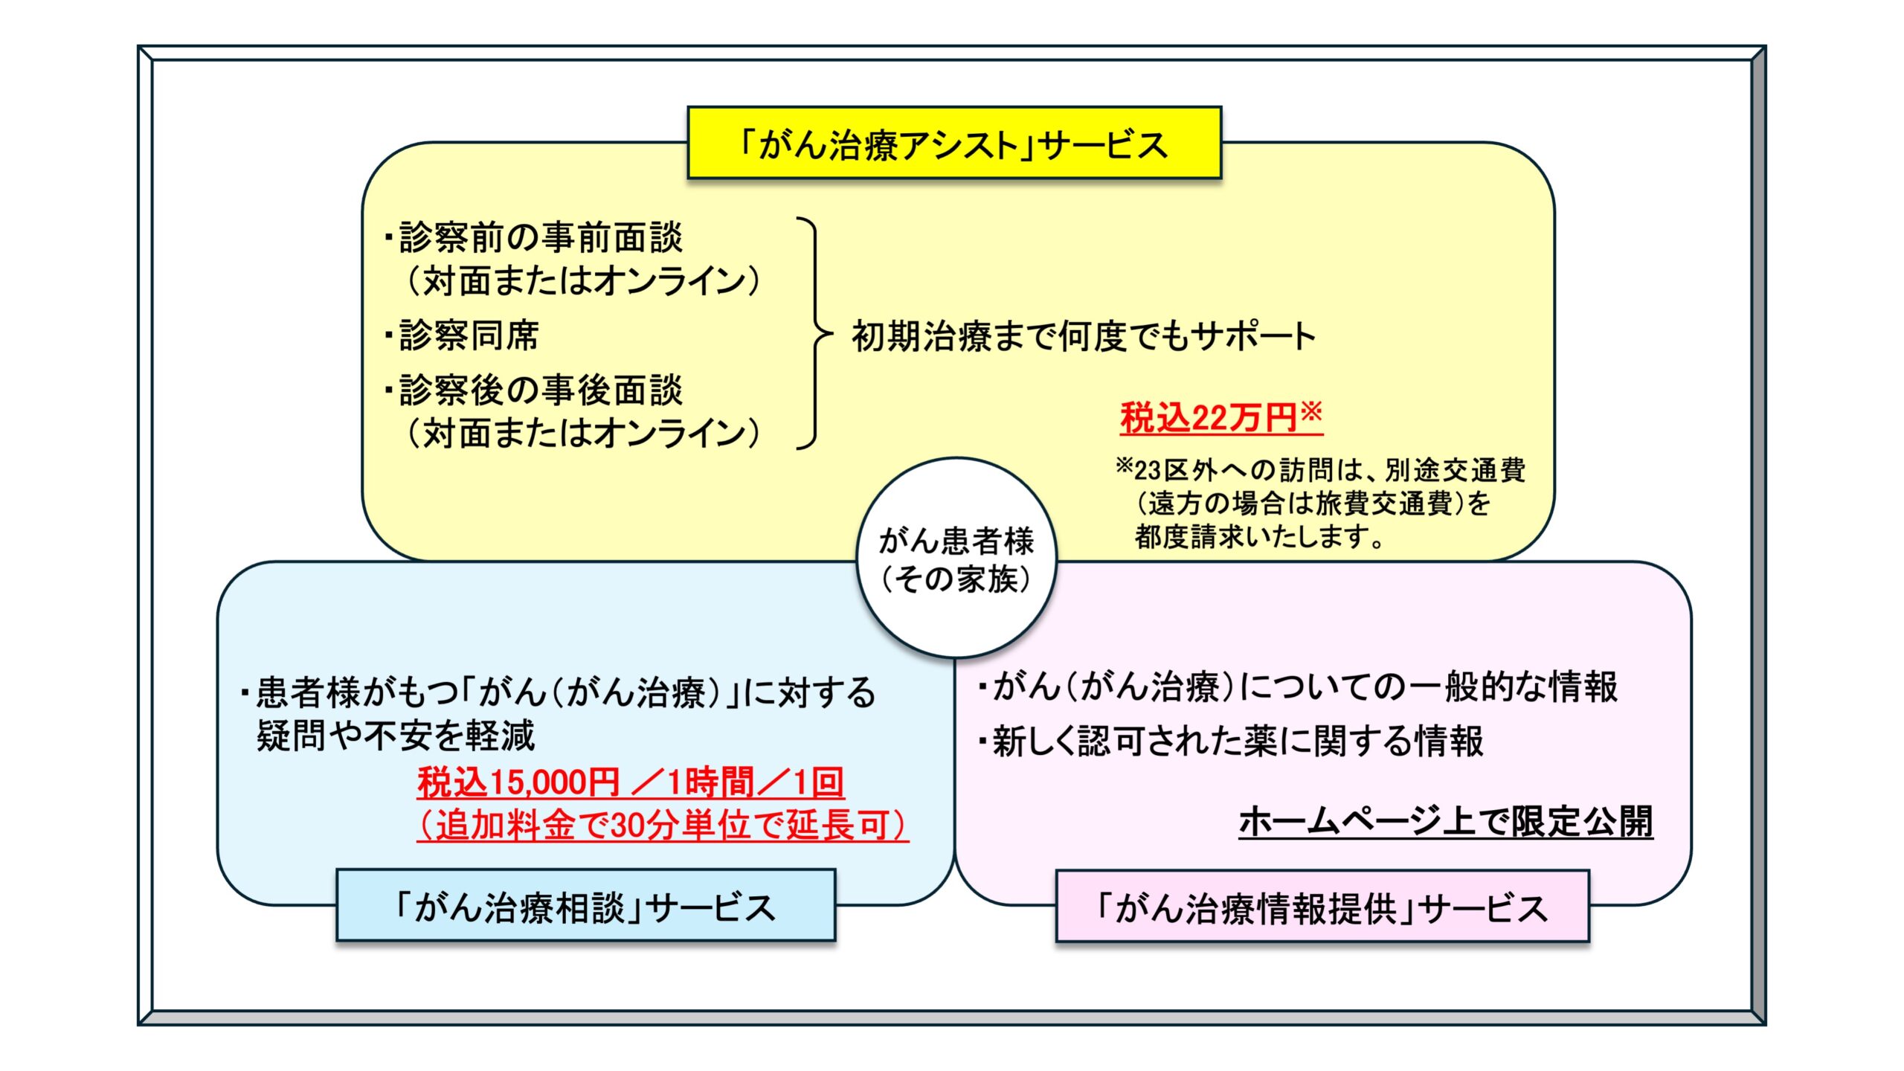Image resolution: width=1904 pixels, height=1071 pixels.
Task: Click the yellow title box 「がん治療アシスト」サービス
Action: [954, 144]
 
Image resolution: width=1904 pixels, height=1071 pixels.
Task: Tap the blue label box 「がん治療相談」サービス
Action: [585, 907]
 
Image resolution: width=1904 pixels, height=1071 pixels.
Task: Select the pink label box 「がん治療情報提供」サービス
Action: [1322, 907]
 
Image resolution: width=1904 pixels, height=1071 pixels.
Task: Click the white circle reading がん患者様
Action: [956, 540]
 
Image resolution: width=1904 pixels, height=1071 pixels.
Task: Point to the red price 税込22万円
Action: [1209, 418]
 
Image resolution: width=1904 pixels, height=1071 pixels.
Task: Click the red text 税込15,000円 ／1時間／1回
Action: [631, 782]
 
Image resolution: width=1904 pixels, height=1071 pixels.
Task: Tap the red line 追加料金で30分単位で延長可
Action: [663, 825]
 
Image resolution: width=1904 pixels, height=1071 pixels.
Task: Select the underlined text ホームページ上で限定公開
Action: [1445, 822]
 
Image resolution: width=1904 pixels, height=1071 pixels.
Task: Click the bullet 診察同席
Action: [469, 335]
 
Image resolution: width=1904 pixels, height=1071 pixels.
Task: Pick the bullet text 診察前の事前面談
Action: [540, 238]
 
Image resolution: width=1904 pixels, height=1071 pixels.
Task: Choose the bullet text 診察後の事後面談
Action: [540, 390]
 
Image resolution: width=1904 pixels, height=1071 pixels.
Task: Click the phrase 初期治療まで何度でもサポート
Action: [1084, 336]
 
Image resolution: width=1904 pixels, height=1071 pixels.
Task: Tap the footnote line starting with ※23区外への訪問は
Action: [1321, 470]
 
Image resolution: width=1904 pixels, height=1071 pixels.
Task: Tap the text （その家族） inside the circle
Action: [956, 579]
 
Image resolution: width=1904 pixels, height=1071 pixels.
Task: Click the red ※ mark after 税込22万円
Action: [1311, 411]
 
